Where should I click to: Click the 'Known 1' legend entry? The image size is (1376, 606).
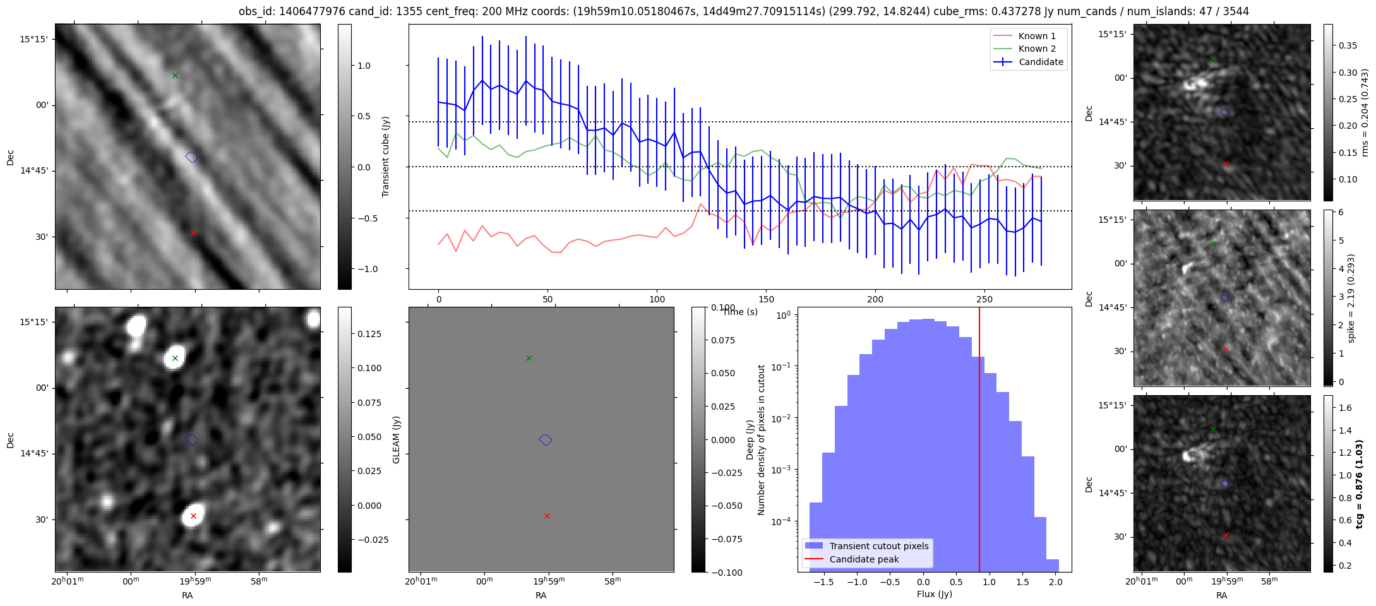tap(1037, 36)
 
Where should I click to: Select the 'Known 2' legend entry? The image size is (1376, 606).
tap(1037, 49)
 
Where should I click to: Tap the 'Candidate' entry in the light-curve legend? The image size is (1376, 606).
tap(1041, 62)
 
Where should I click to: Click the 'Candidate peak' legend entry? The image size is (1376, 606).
tap(864, 559)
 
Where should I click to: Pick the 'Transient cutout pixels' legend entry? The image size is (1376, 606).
tap(878, 546)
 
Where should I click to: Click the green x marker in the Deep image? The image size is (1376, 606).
tap(176, 359)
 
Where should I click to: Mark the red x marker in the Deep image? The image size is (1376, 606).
tap(193, 516)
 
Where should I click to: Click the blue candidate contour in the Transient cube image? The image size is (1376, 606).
tap(191, 157)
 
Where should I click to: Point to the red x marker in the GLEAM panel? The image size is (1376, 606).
tap(547, 516)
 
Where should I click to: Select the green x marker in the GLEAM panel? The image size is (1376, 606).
tap(529, 359)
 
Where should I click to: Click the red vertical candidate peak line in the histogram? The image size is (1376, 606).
tap(979, 442)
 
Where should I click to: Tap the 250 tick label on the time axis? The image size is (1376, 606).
tap(984, 299)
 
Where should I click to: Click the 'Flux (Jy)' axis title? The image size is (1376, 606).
tap(934, 594)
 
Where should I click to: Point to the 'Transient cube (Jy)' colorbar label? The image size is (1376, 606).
tap(386, 157)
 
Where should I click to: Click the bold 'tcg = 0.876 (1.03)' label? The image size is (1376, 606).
tap(1359, 484)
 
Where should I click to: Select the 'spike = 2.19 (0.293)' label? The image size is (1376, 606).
tap(1351, 298)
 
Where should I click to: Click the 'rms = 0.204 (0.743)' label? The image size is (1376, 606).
tap(1365, 112)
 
